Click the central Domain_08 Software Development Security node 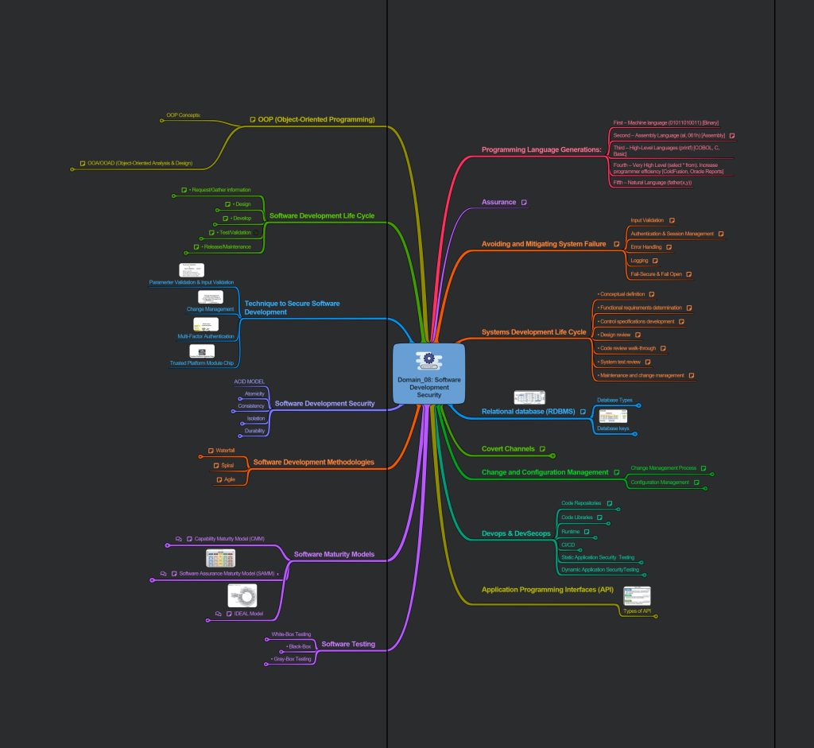click(428, 374)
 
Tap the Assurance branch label click(498, 203)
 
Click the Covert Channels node click(508, 449)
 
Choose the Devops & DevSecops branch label click(516, 533)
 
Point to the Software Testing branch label click(347, 644)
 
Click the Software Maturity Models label click(334, 554)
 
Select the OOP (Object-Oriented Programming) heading click(316, 119)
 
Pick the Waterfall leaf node click(225, 451)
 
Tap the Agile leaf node click(229, 479)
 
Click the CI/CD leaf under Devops click(568, 545)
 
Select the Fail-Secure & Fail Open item click(656, 274)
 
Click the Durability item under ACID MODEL click(254, 431)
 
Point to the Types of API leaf click(637, 610)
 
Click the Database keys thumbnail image click(613, 417)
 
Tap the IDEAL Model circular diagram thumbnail click(242, 595)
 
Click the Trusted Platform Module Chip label click(201, 363)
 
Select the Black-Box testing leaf click(299, 646)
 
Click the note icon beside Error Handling click(669, 247)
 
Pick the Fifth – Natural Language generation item click(652, 182)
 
